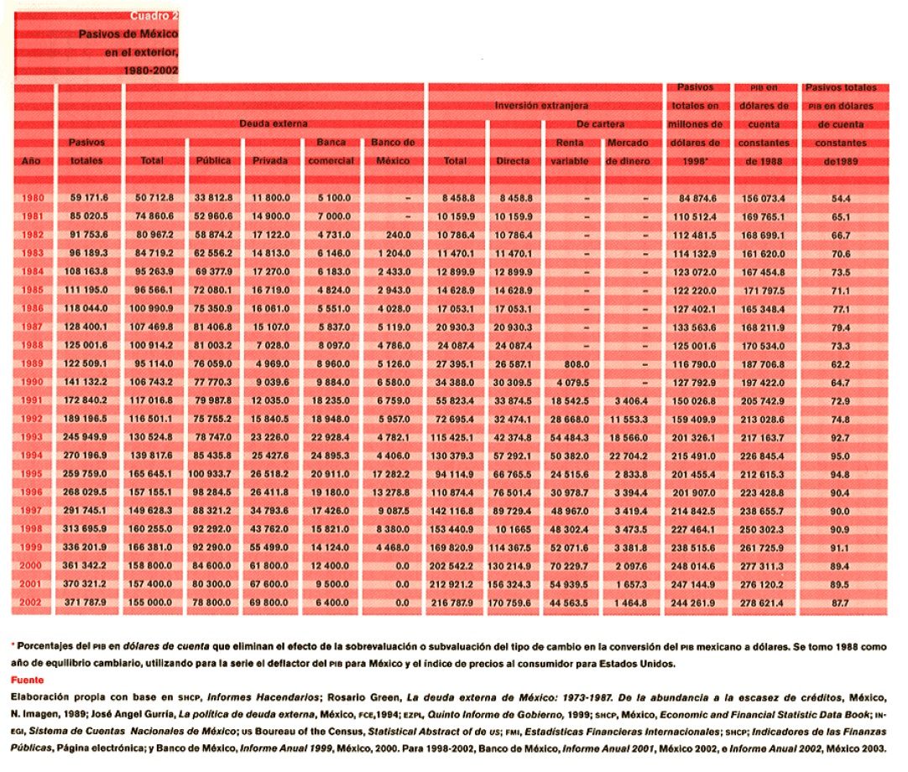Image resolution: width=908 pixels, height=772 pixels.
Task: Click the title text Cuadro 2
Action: pyautogui.click(x=154, y=16)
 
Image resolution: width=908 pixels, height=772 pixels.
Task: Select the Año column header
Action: pyautogui.click(x=30, y=159)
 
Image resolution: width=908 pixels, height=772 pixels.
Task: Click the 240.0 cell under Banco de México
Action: pyautogui.click(x=394, y=235)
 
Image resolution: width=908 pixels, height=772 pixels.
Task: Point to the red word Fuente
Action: pyautogui.click(x=25, y=679)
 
